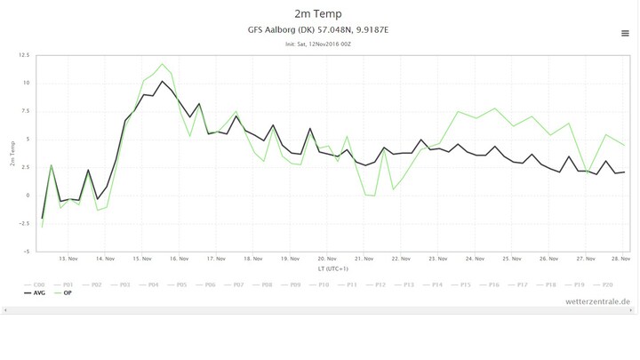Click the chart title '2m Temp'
tap(319, 13)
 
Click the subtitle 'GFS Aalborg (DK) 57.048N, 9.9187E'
tap(319, 30)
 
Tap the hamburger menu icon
tap(625, 33)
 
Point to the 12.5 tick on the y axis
tap(24, 55)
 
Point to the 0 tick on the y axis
tap(28, 196)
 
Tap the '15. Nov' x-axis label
tap(142, 259)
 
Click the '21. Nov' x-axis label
tap(364, 259)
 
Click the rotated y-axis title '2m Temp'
tap(12, 153)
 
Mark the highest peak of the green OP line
tap(162, 64)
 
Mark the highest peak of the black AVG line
tap(162, 81)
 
